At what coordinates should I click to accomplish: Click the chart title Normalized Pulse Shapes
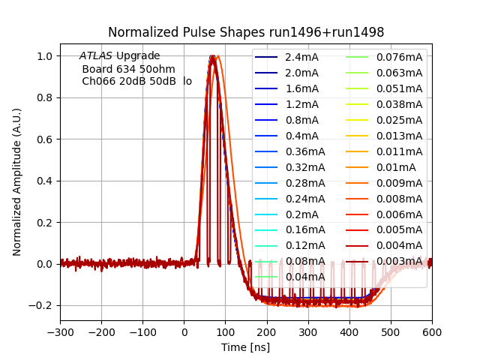coord(246,32)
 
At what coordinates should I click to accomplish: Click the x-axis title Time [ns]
coord(245,347)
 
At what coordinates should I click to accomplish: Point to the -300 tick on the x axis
coord(60,331)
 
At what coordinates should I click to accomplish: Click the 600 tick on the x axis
coord(431,331)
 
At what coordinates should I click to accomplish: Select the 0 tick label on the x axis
coord(184,331)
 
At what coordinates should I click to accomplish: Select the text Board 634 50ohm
coord(128,69)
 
